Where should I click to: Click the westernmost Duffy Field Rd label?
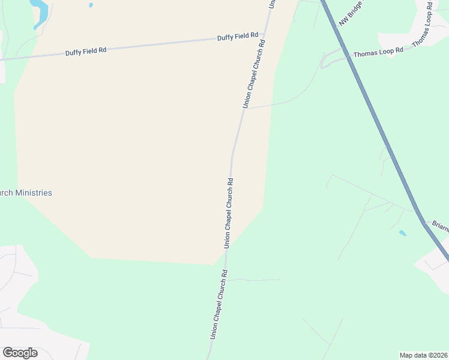click(x=86, y=51)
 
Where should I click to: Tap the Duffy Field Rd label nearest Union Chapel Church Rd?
click(x=238, y=37)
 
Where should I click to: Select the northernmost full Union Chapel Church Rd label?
click(x=253, y=74)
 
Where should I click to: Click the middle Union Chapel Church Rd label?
click(x=228, y=212)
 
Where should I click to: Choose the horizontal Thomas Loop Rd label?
click(x=378, y=52)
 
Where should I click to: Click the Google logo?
click(x=20, y=353)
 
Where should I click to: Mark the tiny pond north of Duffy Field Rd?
click(x=91, y=5)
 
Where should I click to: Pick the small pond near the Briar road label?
click(x=402, y=233)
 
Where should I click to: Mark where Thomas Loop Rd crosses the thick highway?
click(x=348, y=58)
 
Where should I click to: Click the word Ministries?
click(x=34, y=193)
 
